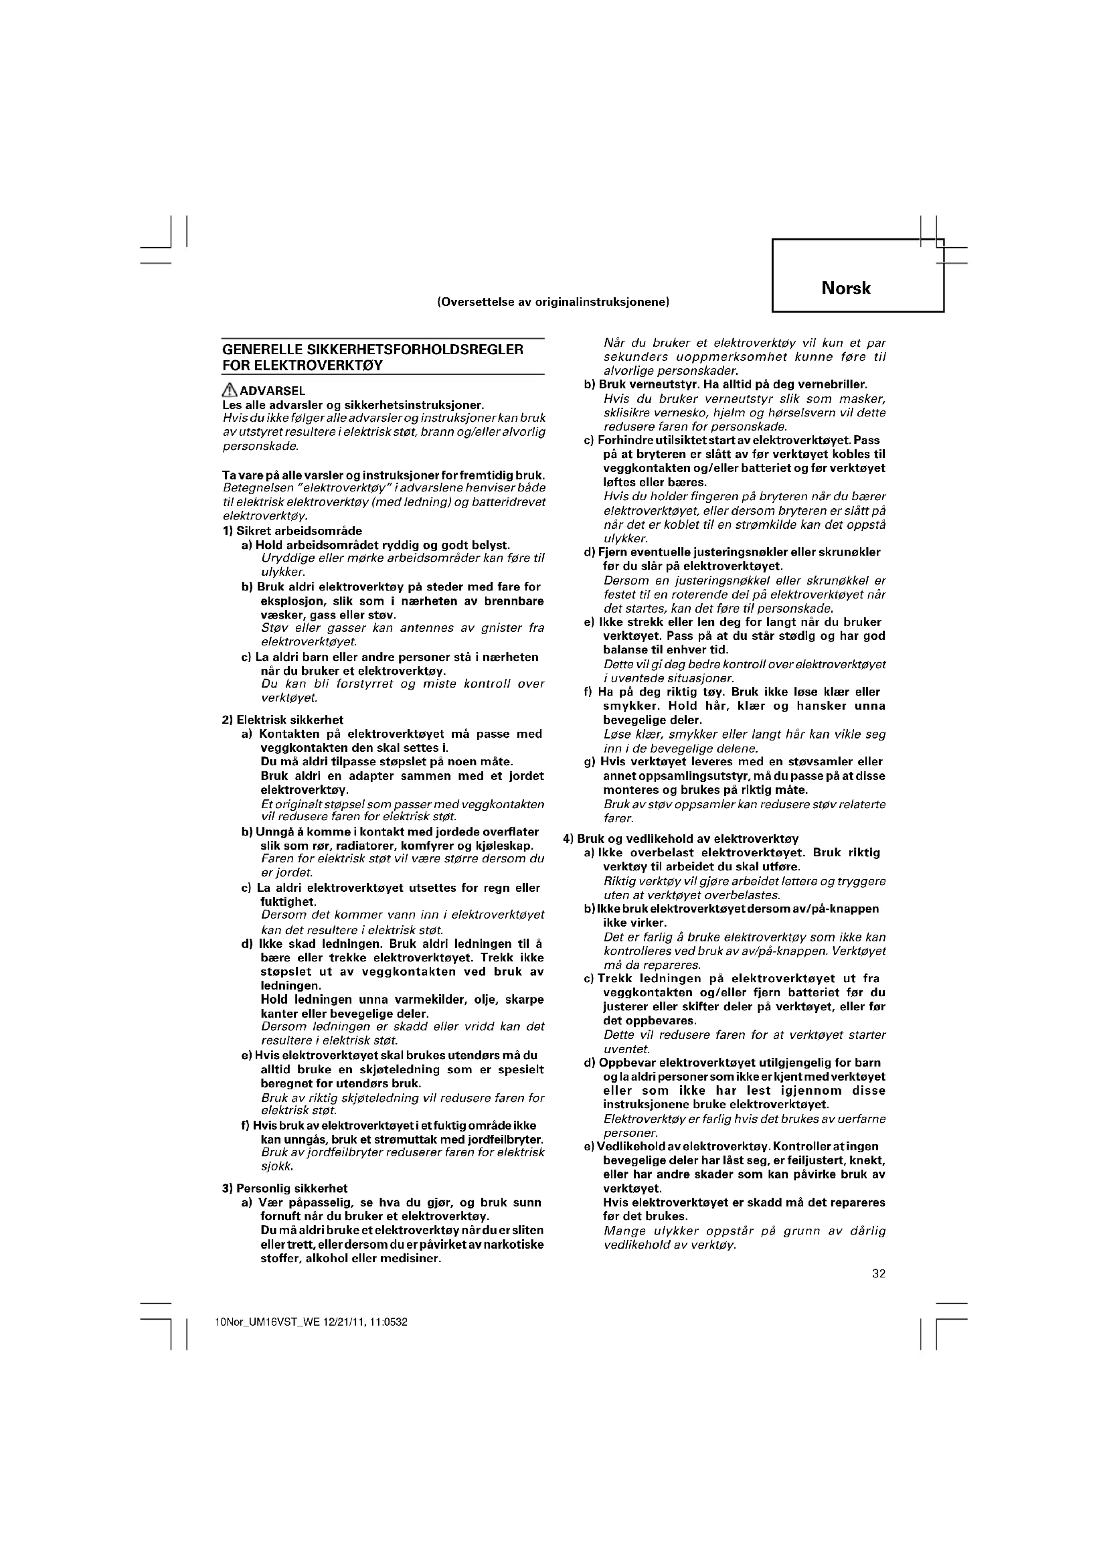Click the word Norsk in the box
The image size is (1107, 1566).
845,288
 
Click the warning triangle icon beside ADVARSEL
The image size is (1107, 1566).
230,391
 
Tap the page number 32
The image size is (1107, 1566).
879,1273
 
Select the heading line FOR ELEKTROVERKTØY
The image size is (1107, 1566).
302,365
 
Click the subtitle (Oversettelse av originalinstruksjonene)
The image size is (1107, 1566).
553,301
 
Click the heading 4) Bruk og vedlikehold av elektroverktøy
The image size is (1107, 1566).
680,839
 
